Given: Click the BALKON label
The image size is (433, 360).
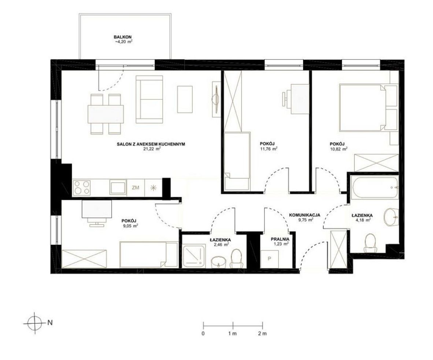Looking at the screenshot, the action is point(123,37).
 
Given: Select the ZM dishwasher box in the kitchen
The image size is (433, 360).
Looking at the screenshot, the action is point(136,188).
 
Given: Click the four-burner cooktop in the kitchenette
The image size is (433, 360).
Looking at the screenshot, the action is point(82,188).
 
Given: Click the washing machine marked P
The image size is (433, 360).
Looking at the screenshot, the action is point(269,259).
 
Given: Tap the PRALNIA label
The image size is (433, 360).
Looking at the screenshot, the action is point(280,239).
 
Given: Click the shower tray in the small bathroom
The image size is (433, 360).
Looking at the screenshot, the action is point(194,256).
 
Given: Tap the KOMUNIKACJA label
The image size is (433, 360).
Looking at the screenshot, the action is point(304,215).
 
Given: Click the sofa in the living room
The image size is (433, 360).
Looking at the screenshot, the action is point(149,99).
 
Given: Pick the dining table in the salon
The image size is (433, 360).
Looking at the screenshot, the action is point(106,114).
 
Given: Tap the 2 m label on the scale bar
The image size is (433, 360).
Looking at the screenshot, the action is point(262,334).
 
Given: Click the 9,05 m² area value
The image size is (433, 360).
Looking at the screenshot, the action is point(130,225).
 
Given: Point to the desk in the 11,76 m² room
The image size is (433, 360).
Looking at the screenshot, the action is point(299,99).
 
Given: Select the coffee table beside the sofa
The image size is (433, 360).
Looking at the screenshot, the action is point(185,99).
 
